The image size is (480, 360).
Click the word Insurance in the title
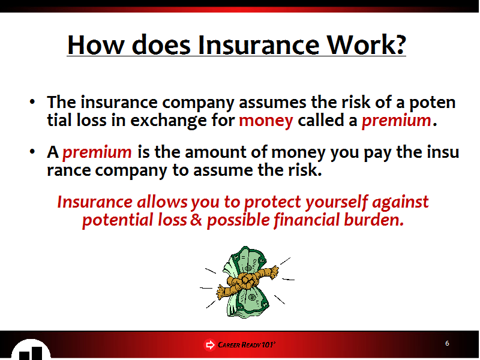click(x=259, y=44)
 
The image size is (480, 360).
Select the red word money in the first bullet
click(x=266, y=121)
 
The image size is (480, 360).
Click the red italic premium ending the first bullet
click(x=397, y=121)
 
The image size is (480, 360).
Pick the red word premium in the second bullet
click(x=97, y=152)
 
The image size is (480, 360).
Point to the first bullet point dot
click(x=32, y=102)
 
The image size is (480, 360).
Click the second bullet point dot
click(x=32, y=152)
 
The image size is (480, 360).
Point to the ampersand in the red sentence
click(x=196, y=220)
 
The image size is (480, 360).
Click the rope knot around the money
click(x=246, y=281)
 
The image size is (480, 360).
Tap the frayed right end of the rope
click(x=274, y=272)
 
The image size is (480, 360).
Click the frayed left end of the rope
click(x=221, y=292)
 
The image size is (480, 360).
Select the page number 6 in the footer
click(x=447, y=343)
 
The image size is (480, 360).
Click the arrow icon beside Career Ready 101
click(x=209, y=345)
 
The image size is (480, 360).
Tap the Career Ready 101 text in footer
click(x=246, y=344)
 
